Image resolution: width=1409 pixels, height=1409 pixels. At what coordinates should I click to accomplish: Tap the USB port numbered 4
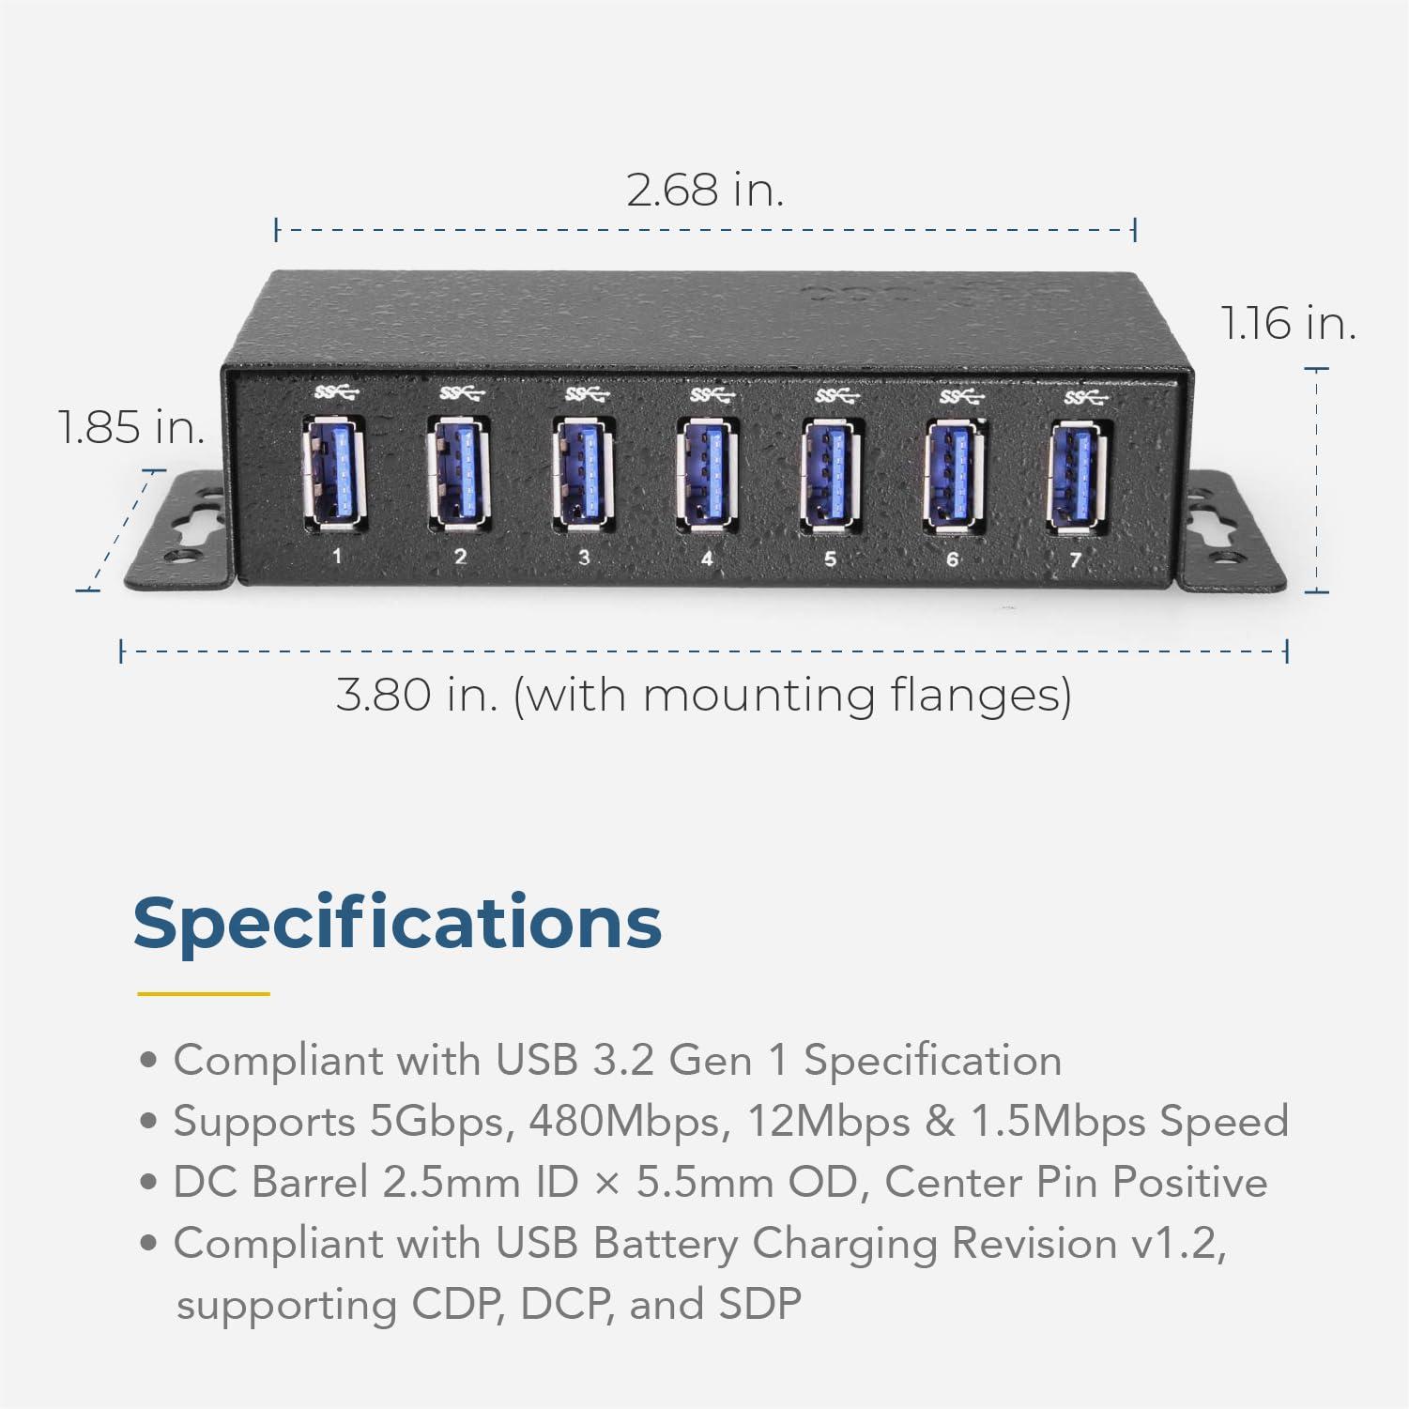[705, 475]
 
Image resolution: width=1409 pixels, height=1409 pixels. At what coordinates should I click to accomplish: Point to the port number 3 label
[584, 558]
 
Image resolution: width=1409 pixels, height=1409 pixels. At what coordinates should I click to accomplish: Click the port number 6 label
[952, 559]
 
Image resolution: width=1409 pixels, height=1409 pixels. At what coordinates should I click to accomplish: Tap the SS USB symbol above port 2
[460, 391]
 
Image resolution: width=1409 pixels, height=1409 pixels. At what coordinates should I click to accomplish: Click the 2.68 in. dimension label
[704, 191]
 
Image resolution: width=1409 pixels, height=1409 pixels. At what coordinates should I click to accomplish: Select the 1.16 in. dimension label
[1288, 324]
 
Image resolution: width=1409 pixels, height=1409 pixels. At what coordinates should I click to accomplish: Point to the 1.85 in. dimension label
[130, 428]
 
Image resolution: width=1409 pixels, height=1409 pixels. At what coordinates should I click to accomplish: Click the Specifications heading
[397, 923]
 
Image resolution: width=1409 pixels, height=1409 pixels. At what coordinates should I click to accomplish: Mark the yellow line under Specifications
[203, 993]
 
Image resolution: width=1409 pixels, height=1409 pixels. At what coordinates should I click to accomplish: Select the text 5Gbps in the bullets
[441, 1122]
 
